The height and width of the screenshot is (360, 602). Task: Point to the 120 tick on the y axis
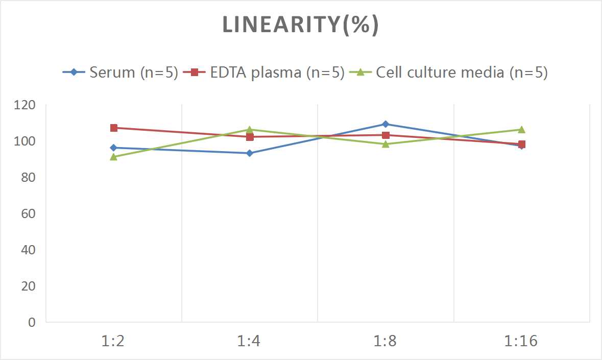[25, 105]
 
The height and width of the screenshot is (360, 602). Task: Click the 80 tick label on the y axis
[28, 177]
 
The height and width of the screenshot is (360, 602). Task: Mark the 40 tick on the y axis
[28, 250]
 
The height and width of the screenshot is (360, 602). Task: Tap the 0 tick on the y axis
[32, 322]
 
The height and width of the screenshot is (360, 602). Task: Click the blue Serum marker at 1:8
[386, 124]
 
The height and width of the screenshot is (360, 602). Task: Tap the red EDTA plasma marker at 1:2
[114, 128]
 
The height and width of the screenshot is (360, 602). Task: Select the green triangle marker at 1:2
[114, 157]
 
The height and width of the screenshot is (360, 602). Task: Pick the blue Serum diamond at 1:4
[250, 153]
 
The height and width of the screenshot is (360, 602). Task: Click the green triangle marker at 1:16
[521, 129]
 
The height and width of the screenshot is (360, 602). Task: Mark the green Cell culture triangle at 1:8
[386, 144]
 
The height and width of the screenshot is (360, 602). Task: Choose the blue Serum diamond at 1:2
[114, 148]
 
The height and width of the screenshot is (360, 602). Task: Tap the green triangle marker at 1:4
[250, 129]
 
